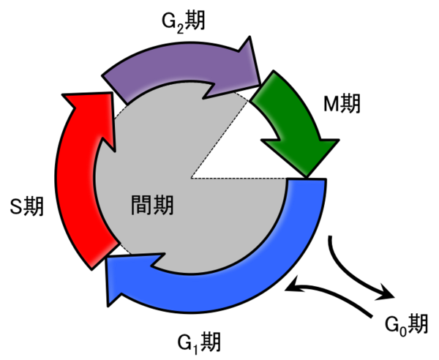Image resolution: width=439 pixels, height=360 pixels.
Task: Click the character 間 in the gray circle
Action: tap(142, 205)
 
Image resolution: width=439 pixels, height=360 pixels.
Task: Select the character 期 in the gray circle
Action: tap(163, 205)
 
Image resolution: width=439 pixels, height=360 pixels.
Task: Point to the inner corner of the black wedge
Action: tap(191, 178)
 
